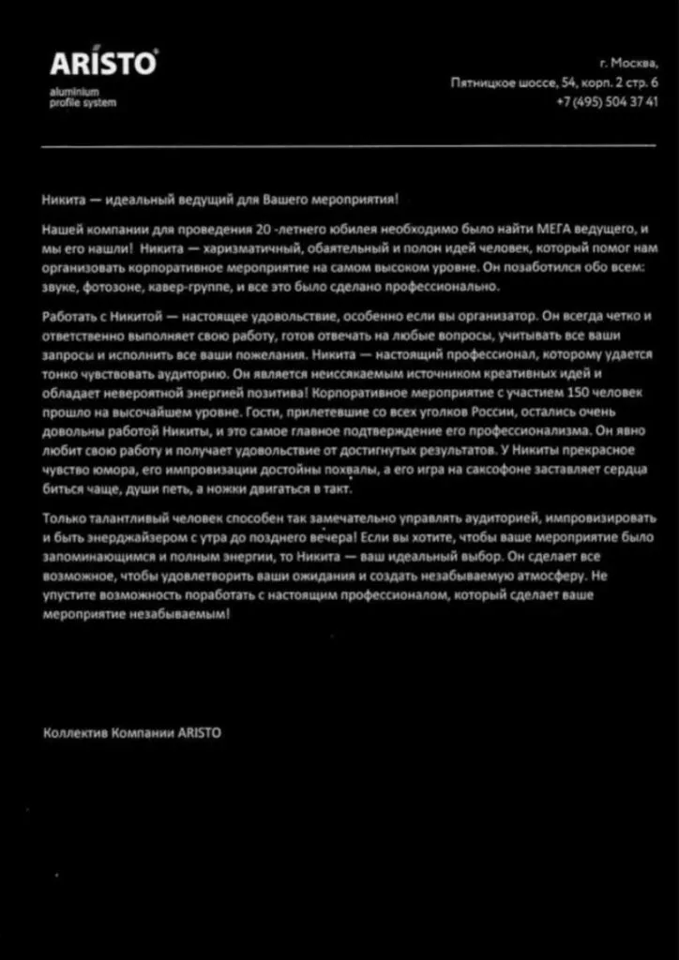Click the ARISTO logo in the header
point(103,64)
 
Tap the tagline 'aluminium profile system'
point(83,97)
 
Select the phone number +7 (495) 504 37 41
point(607,101)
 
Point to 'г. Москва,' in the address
point(627,65)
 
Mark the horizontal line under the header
point(348,146)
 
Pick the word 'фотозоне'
point(110,287)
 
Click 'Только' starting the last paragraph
point(63,518)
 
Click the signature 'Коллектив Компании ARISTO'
point(132,732)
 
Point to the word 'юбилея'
point(334,229)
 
